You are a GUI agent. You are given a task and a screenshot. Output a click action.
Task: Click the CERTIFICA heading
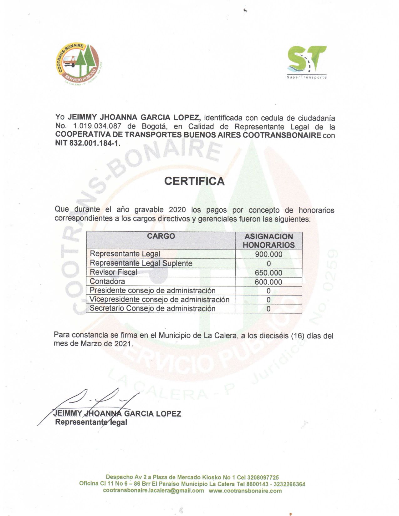coord(194,181)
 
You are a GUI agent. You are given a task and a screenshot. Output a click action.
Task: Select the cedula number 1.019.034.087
coord(97,127)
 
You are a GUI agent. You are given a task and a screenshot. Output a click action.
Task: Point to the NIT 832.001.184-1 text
coord(88,144)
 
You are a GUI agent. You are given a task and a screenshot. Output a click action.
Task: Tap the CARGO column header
coord(161,236)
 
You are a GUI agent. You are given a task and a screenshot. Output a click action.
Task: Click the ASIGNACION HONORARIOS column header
coord(269,240)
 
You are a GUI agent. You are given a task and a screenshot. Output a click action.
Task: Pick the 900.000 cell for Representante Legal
coord(269,254)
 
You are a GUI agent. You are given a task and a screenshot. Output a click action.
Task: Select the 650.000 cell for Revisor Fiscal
coord(269,273)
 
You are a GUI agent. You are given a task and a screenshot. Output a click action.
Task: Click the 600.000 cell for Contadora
coord(269,282)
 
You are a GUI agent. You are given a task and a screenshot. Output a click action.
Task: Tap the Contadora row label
coord(107,281)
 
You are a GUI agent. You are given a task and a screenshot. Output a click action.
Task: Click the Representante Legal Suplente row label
coord(141,263)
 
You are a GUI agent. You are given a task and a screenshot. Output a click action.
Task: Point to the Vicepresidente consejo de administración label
coord(160,300)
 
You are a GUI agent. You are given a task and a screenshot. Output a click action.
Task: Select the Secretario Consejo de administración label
coord(152,309)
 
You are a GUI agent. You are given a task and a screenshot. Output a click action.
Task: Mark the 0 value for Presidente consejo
coord(269,291)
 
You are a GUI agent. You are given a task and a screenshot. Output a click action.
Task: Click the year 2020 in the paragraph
coord(177,210)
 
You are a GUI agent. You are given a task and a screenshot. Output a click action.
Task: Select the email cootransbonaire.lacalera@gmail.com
coord(153,491)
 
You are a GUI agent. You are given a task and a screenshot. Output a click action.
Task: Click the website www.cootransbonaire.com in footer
coord(245,491)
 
